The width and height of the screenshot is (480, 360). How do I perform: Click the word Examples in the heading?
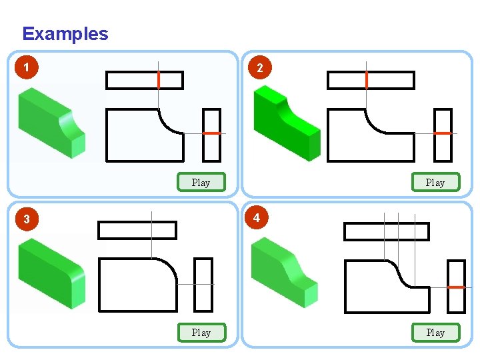point(65,34)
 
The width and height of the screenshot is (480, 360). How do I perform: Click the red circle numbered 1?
point(25,67)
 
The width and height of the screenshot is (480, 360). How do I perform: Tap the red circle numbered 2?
point(259,67)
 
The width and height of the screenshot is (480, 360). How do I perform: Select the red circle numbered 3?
point(25,219)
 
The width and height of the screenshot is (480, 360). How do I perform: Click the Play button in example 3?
point(201,332)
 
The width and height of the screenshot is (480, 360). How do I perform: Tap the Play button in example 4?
point(435,332)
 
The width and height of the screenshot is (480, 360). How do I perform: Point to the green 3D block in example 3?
point(51,274)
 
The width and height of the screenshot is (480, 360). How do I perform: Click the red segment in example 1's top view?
point(159,80)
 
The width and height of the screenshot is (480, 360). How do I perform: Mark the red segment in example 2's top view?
point(366,80)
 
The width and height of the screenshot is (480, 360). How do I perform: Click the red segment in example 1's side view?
point(212,133)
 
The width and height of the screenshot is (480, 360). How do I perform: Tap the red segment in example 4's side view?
point(456,287)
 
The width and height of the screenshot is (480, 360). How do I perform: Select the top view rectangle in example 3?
point(137,230)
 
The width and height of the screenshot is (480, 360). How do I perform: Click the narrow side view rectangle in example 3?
point(203,285)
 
